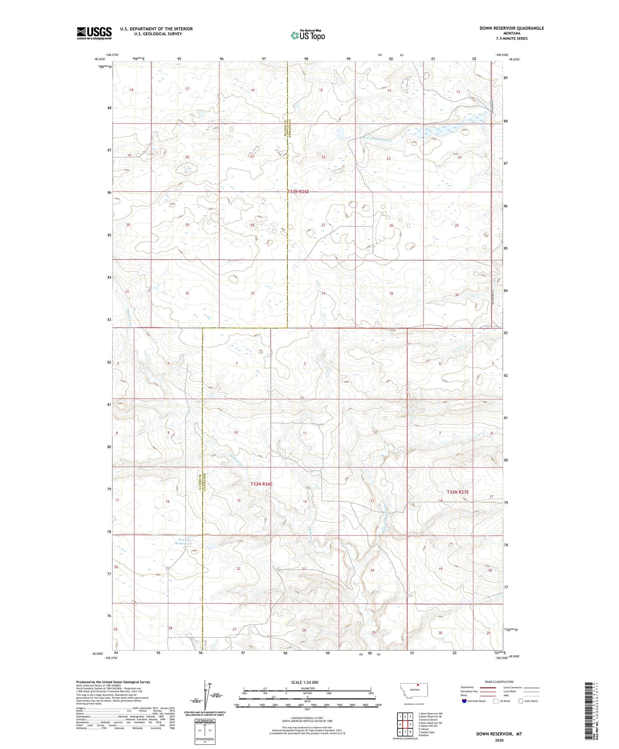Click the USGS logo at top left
point(94,33)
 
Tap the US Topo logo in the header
point(308,35)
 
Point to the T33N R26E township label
point(298,192)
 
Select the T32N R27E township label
point(458,492)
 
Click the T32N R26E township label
point(262,484)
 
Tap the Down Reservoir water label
point(182,542)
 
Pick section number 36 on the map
point(456,295)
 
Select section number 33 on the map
point(253,293)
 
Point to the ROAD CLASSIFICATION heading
point(499,682)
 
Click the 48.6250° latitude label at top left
point(100,59)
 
